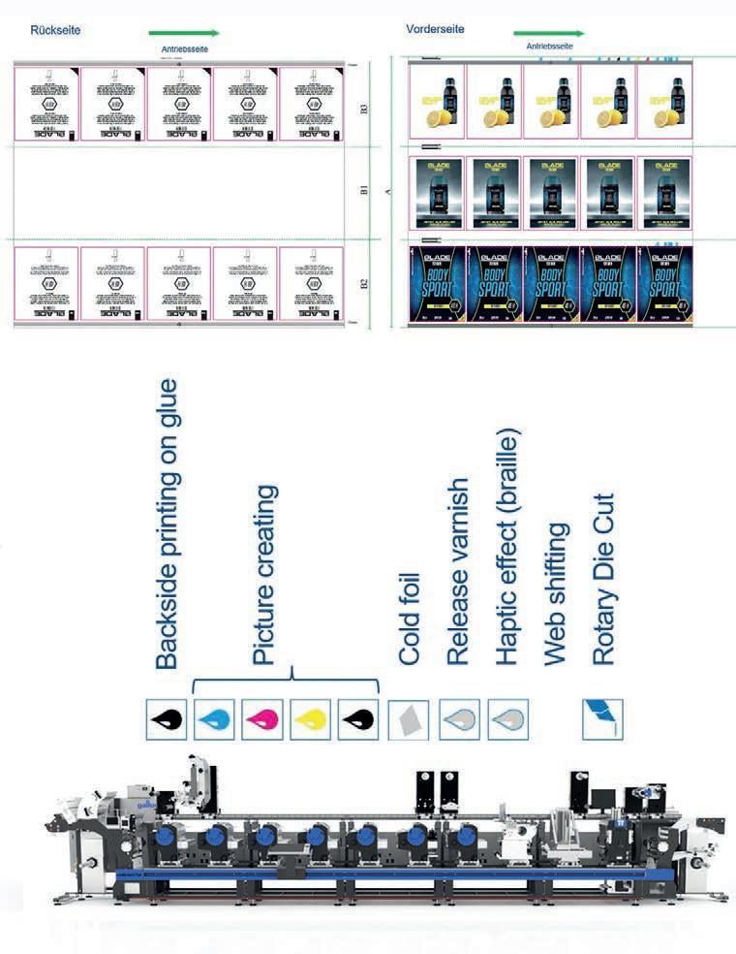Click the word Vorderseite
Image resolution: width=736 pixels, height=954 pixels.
pyautogui.click(x=436, y=30)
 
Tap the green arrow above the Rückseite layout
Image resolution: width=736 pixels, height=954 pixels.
pyautogui.click(x=185, y=33)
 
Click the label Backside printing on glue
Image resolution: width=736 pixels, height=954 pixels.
pyautogui.click(x=168, y=525)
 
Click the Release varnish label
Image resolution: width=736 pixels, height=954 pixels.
pyautogui.click(x=458, y=571)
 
